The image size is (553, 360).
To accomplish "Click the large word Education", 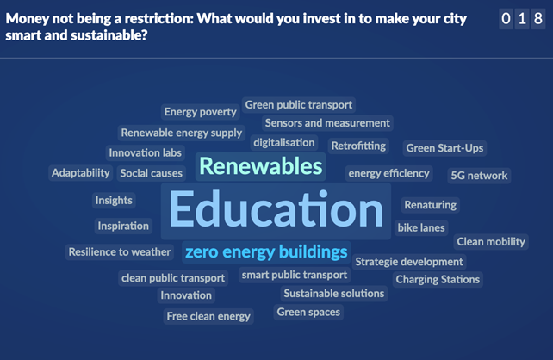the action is pyautogui.click(x=276, y=211).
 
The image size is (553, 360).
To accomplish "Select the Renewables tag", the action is pyautogui.click(x=261, y=166).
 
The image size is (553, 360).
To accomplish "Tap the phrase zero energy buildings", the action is pyautogui.click(x=266, y=252).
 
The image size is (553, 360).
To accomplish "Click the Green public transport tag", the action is pyautogui.click(x=299, y=105).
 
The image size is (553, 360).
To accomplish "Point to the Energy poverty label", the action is pyautogui.click(x=201, y=112).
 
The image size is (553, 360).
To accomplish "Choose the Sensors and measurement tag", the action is pyautogui.click(x=327, y=123).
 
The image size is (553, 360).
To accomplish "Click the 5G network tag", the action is pyautogui.click(x=479, y=176).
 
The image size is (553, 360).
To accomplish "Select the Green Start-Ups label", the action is pyautogui.click(x=444, y=148).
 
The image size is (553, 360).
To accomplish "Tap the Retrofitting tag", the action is pyautogui.click(x=358, y=146).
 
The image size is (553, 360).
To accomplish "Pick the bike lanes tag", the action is pyautogui.click(x=421, y=227).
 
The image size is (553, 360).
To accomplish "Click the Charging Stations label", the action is pyautogui.click(x=438, y=280).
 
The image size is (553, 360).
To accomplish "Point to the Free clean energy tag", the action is pyautogui.click(x=208, y=316).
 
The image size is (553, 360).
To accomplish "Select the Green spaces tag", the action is pyautogui.click(x=308, y=312).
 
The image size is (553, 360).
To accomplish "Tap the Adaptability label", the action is pyautogui.click(x=81, y=173).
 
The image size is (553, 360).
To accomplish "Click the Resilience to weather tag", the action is pyautogui.click(x=120, y=252).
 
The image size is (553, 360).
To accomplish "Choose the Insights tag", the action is pyautogui.click(x=114, y=201).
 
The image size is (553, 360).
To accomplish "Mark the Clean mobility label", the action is pyautogui.click(x=491, y=242).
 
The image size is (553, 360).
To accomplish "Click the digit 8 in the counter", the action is pyautogui.click(x=538, y=19).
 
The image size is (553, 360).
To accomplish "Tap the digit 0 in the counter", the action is pyautogui.click(x=506, y=19).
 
